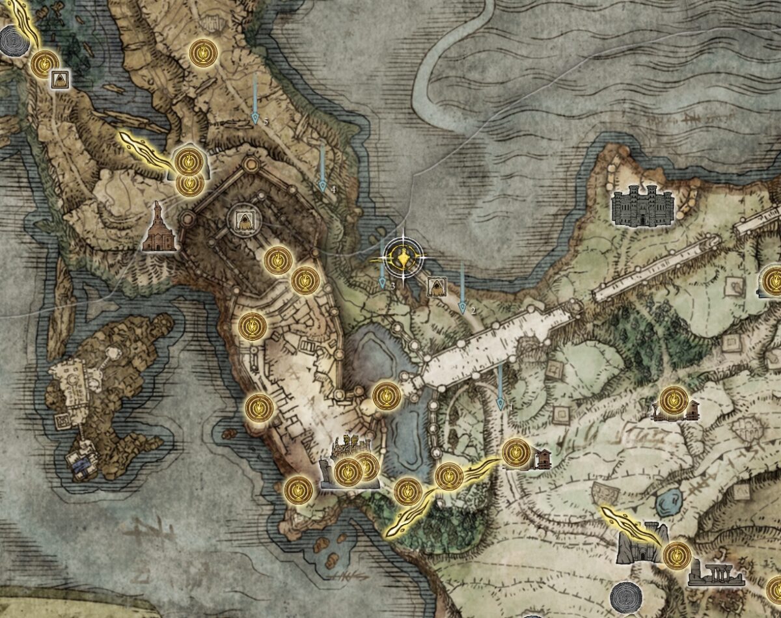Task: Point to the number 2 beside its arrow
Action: pyautogui.click(x=473, y=311)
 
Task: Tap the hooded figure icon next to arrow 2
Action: pyautogui.click(x=435, y=287)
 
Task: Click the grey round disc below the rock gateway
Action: pyautogui.click(x=625, y=597)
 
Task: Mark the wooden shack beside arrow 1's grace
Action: pyautogui.click(x=542, y=459)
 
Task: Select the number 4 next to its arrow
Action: pyautogui.click(x=333, y=189)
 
